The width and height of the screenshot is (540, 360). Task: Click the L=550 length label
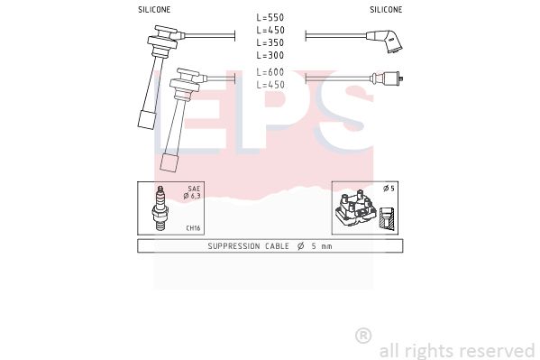point(270,17)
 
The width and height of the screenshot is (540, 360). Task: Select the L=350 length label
point(270,42)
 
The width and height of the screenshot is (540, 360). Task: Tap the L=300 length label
point(270,55)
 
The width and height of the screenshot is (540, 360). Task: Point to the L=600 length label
point(270,72)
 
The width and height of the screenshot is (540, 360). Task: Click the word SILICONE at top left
point(154,10)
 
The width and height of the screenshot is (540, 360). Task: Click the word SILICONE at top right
point(386,10)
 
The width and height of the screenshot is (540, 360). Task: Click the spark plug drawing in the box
point(160,208)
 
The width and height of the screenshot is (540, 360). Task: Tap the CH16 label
point(193,228)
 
